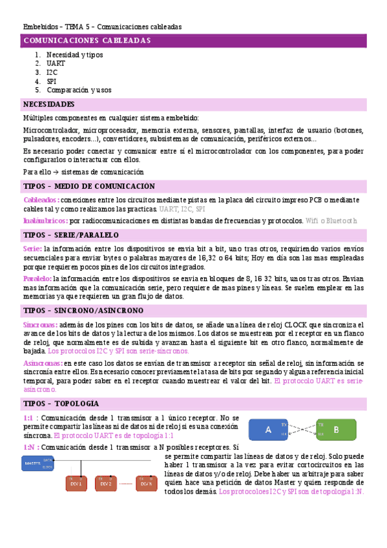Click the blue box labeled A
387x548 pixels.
(269, 429)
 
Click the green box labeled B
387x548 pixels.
(335, 429)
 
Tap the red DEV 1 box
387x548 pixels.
(77, 483)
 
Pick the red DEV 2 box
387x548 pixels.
(107, 483)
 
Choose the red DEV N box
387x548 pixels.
(146, 483)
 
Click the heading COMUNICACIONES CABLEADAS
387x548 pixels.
(87, 41)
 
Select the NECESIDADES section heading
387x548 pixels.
(48, 104)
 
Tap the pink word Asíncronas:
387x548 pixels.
(43, 364)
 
